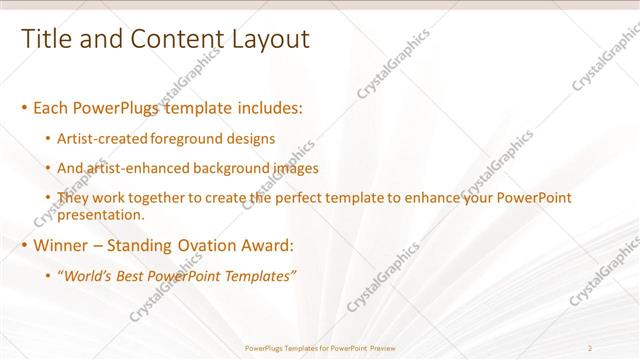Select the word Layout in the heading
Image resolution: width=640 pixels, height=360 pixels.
click(271, 39)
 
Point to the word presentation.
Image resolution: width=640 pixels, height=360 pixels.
click(101, 214)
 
